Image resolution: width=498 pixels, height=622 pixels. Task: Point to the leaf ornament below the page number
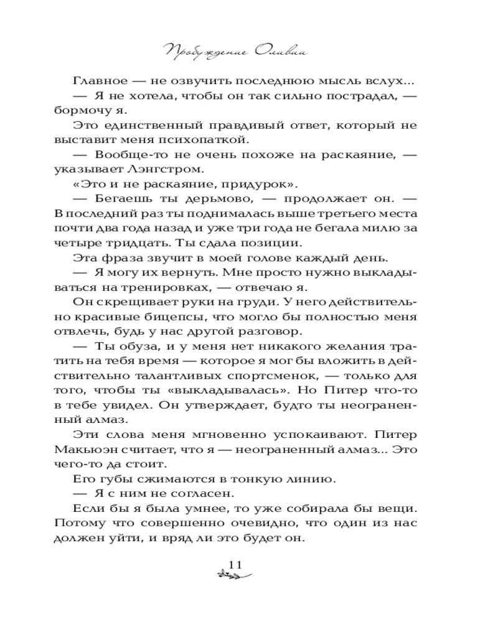231,577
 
